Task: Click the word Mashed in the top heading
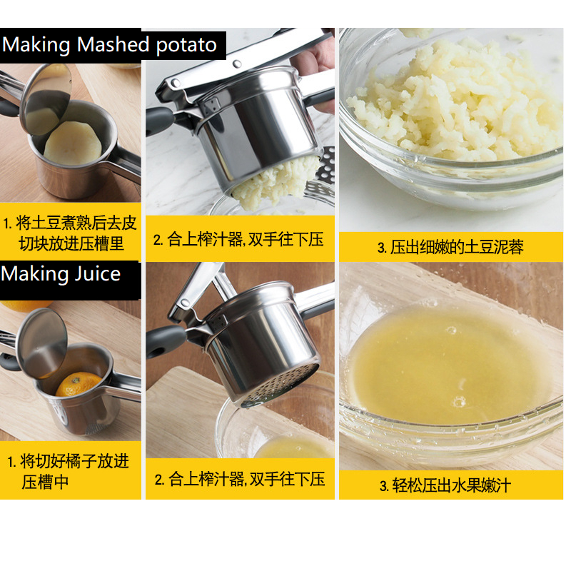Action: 113,45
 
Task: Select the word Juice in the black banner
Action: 97,274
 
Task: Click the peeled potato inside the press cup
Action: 73,143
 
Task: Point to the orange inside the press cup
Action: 77,384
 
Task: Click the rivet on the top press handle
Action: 237,64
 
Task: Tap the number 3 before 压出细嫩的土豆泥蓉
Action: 382,248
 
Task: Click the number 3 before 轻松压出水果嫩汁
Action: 383,486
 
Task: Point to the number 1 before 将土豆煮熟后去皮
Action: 6,223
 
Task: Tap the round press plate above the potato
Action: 46,99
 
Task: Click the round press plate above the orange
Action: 42,343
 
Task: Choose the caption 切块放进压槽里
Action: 71,244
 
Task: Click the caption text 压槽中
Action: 45,482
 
